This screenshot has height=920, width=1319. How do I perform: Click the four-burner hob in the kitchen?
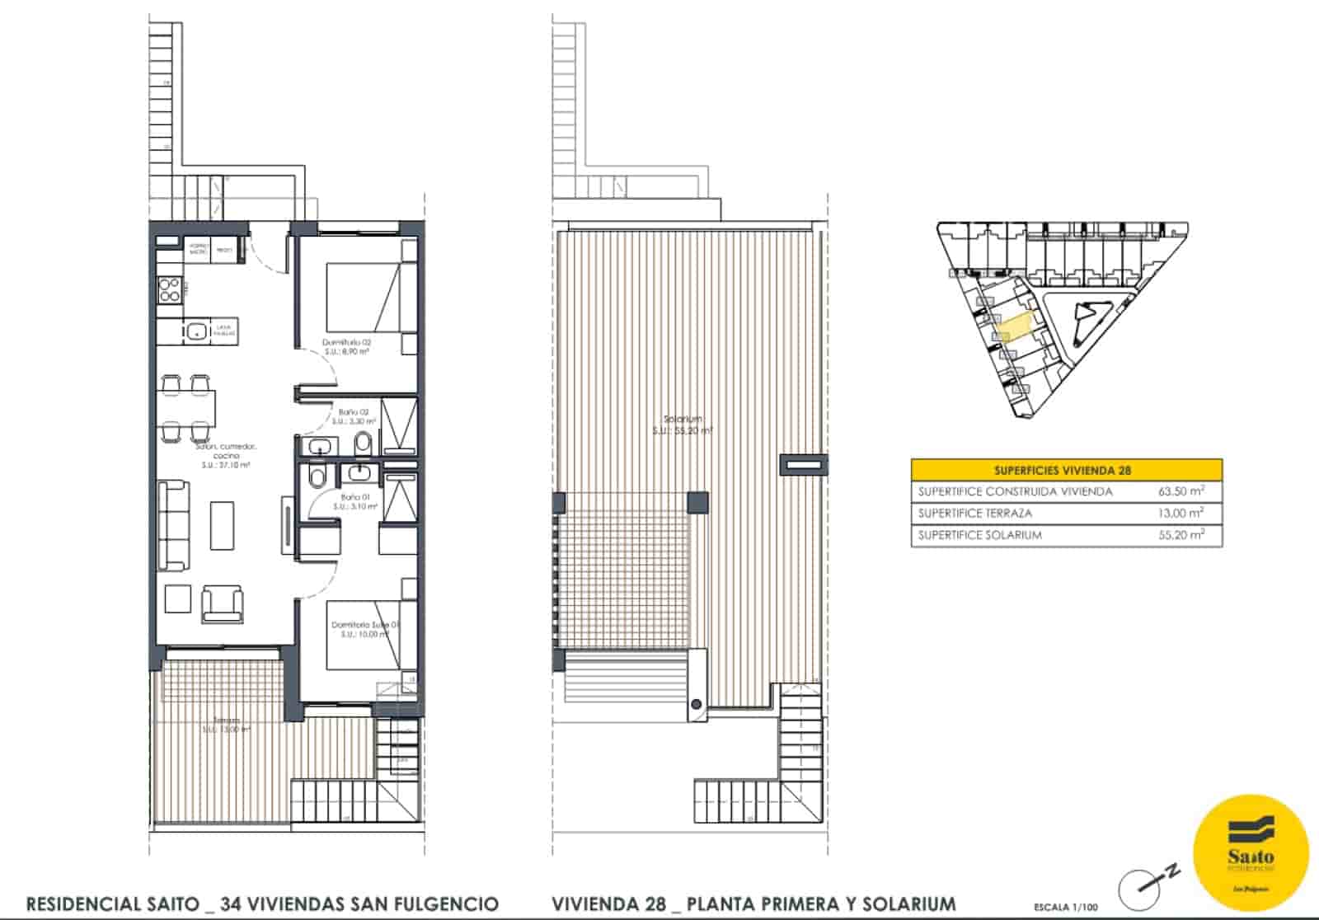(169, 289)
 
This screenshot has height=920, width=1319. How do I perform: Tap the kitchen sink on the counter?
(196, 331)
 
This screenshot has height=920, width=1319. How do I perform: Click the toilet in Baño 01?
(316, 478)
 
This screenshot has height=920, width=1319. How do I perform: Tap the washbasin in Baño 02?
(318, 448)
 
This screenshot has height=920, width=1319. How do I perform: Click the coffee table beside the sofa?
(222, 525)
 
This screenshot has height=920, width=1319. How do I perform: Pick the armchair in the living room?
(223, 603)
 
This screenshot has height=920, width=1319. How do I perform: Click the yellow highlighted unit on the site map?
(1013, 326)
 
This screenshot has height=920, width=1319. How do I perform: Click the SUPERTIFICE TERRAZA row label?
(974, 514)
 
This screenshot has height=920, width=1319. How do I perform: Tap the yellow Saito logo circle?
(1251, 853)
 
